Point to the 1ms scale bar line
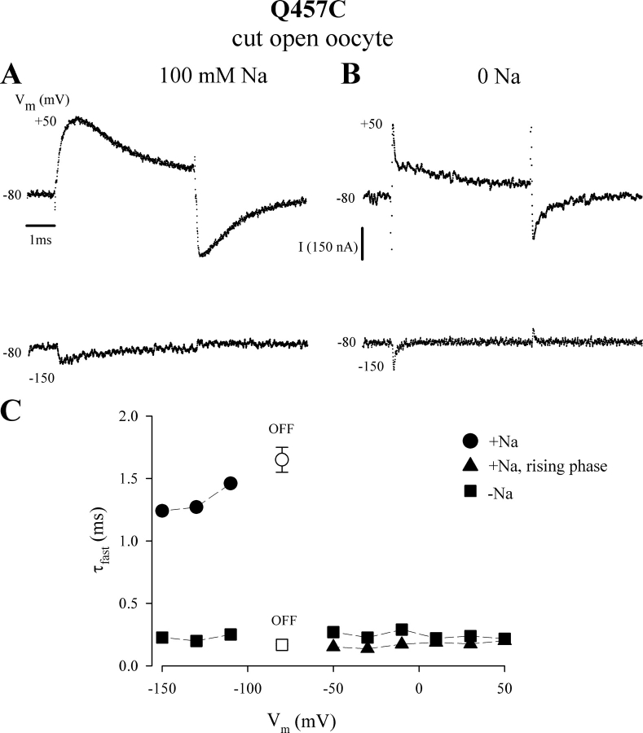tap(41, 222)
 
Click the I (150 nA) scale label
tap(330, 248)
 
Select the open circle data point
tap(282, 459)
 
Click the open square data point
tap(282, 644)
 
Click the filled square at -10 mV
tap(402, 630)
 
